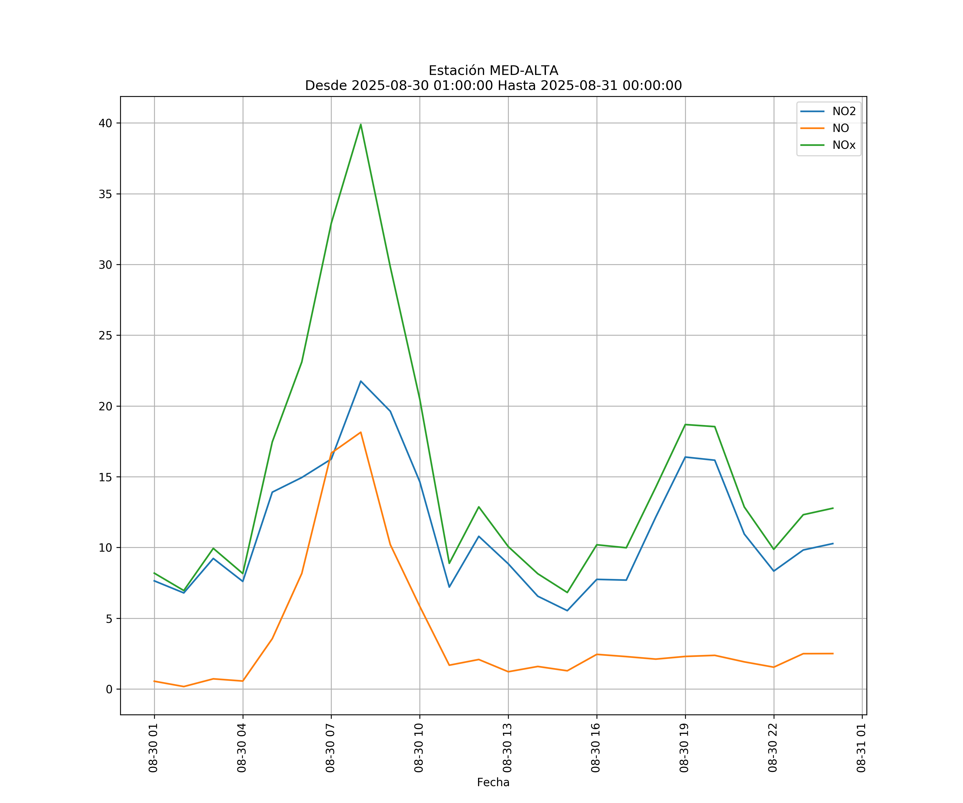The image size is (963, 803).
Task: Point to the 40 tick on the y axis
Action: pos(105,123)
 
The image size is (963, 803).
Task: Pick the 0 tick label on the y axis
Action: pos(109,689)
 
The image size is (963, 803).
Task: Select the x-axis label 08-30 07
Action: pos(330,748)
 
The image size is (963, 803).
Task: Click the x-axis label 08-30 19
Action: pos(684,748)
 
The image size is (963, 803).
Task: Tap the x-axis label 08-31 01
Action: pos(861,748)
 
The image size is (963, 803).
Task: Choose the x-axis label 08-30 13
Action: pos(507,748)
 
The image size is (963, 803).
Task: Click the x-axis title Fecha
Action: pos(493,782)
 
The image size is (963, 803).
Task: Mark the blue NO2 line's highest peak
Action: pos(361,381)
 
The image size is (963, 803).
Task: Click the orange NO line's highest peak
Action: pos(361,432)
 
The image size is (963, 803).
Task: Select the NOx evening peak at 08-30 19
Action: pos(685,425)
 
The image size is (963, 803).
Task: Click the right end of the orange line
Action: pos(833,653)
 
